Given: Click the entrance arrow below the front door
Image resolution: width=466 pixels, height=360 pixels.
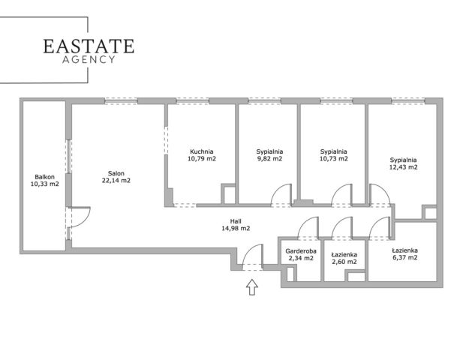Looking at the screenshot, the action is point(252,287).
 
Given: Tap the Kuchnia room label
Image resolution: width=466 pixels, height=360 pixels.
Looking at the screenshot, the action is point(202,151).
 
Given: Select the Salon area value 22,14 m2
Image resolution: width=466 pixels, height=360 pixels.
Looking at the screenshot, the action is point(116,180).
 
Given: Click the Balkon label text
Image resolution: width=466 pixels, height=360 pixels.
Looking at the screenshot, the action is point(44,177).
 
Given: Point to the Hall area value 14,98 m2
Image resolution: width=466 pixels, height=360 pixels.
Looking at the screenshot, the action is point(236,229).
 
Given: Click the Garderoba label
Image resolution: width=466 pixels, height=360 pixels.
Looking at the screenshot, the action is point(301,251).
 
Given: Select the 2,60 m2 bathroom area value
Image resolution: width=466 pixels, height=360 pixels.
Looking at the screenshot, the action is point(344,262).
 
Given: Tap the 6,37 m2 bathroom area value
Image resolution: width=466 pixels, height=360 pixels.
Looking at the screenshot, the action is point(405,257).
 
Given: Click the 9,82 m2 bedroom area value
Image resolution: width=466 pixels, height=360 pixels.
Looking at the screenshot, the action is point(269,158).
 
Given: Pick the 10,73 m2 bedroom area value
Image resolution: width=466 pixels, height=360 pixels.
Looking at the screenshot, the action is point(333,158).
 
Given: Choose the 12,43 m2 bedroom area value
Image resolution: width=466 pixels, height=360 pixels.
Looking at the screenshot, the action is point(403,167).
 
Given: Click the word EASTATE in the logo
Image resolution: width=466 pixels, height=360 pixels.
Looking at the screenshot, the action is point(89,46).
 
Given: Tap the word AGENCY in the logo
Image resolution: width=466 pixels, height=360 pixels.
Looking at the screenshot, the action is point(89,59).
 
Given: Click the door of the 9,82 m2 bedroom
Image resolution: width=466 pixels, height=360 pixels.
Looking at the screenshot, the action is point(277,189).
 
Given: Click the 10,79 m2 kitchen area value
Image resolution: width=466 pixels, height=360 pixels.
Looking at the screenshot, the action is point(202,158).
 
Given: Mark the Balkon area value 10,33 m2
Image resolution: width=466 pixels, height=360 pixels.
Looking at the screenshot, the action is point(44,184).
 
